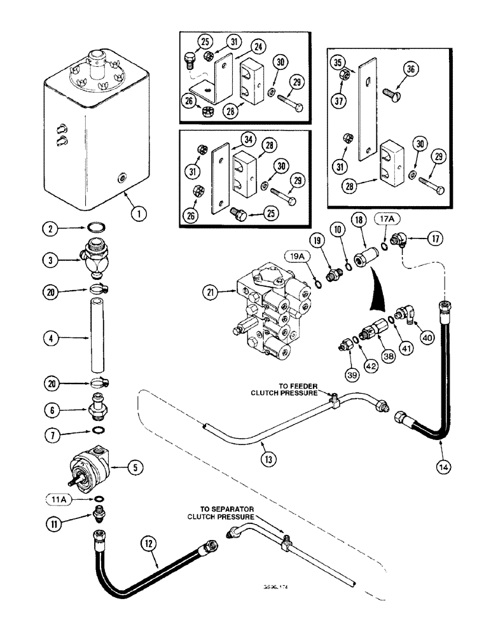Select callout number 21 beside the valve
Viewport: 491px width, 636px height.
(x=212, y=293)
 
